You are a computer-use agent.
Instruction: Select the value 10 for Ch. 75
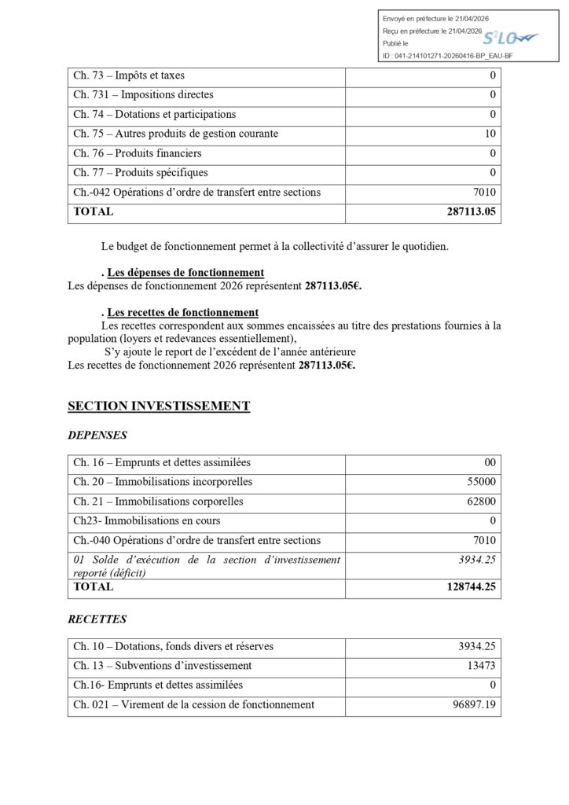point(490,134)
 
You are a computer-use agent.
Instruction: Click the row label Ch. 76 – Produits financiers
point(138,153)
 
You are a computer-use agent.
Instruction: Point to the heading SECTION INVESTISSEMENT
point(159,406)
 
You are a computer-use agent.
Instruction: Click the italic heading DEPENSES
point(97,435)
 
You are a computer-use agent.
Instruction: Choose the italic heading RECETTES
point(97,619)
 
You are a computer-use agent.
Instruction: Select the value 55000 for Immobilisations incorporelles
point(481,481)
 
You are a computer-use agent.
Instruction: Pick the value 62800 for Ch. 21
point(481,501)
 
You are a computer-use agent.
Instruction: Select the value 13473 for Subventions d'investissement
point(481,666)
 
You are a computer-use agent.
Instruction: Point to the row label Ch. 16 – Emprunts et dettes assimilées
point(162,462)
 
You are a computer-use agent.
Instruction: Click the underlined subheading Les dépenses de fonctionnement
point(174,273)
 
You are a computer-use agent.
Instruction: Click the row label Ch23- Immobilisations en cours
point(147,520)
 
